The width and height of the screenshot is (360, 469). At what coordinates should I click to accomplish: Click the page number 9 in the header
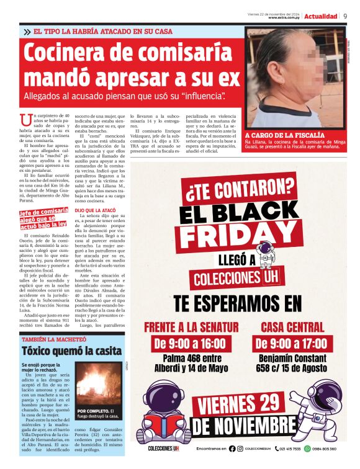coord(345,16)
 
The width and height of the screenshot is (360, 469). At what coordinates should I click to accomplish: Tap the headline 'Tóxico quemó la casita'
coord(71,351)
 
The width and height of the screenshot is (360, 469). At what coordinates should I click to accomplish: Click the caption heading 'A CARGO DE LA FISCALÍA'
coord(276,135)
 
